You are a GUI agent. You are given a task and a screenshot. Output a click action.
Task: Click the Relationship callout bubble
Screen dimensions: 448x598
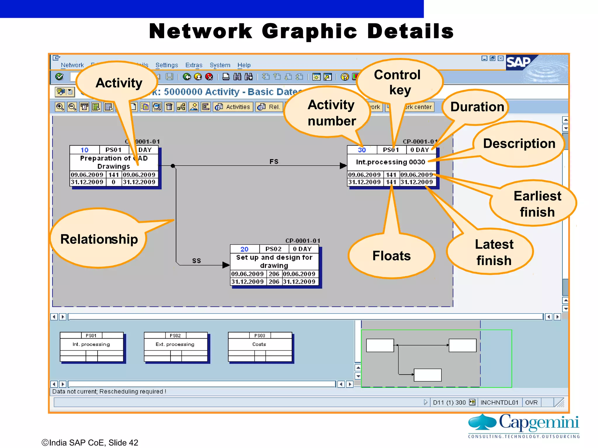pyautogui.click(x=99, y=239)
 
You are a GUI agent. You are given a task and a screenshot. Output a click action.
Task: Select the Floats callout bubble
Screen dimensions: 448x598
pyautogui.click(x=391, y=256)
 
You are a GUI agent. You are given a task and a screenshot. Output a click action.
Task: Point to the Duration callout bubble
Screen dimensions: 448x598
pyautogui.click(x=477, y=107)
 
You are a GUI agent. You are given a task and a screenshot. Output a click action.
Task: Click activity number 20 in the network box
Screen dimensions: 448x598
pyautogui.click(x=244, y=249)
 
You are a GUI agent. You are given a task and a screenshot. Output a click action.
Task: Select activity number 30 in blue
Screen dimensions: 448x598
pyautogui.click(x=361, y=150)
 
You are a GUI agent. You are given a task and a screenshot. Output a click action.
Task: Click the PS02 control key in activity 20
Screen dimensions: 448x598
pyautogui.click(x=273, y=249)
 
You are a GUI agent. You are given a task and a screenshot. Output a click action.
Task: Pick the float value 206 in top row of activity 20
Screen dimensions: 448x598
pyautogui.click(x=274, y=274)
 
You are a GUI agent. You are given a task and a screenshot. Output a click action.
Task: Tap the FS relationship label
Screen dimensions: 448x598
pyautogui.click(x=274, y=161)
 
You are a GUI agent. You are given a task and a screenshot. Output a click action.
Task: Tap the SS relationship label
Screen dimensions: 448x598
pyautogui.click(x=196, y=260)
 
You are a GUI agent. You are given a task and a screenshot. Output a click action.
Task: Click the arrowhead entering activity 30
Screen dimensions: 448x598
pyautogui.click(x=343, y=166)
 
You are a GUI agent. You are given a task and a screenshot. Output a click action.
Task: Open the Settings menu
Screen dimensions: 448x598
pyautogui.click(x=166, y=65)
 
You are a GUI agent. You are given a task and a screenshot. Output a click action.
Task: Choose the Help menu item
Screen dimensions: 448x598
pyautogui.click(x=244, y=65)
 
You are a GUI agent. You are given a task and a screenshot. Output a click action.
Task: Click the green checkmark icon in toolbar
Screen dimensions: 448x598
pyautogui.click(x=59, y=76)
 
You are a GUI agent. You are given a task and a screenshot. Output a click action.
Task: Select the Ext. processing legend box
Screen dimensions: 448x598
pyautogui.click(x=175, y=347)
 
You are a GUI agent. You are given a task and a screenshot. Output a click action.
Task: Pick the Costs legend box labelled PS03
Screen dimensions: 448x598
pyautogui.click(x=260, y=347)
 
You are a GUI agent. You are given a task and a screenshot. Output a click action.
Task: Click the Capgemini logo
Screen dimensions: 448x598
pyautogui.click(x=524, y=426)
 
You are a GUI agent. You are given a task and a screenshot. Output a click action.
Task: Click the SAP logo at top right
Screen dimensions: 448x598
pyautogui.click(x=518, y=62)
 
